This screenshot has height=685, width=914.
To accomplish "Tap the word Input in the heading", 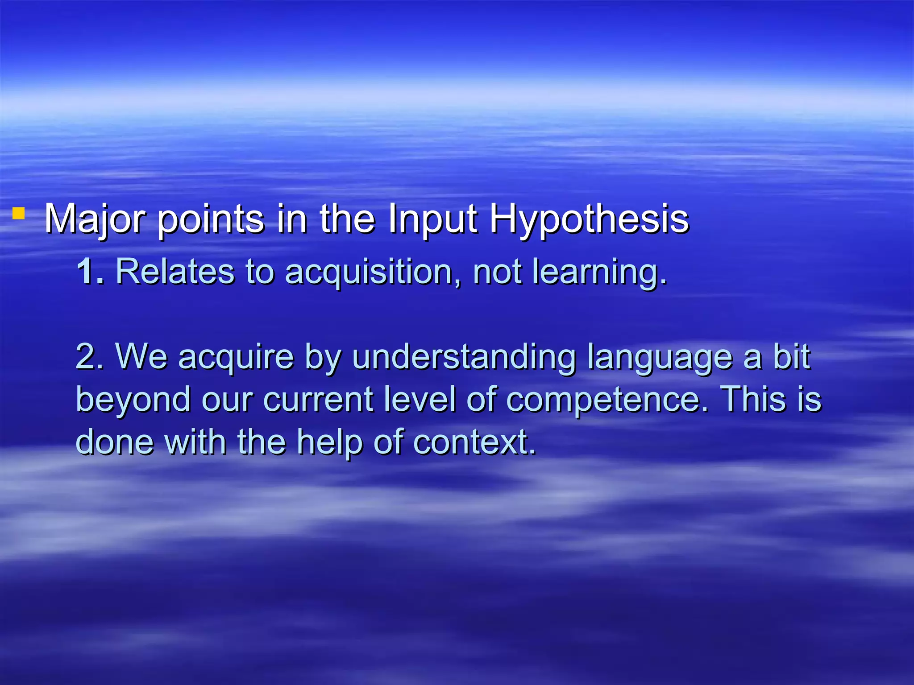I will pos(433,219).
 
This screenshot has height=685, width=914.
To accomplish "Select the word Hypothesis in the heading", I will pos(589,219).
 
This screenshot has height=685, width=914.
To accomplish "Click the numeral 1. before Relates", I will pos(90,271).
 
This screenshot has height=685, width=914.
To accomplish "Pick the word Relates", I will pos(174,271).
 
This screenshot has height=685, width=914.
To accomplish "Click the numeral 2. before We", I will pos(90,356).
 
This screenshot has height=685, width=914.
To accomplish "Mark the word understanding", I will pos(464,357).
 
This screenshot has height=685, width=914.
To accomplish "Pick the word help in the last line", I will pos(329,442).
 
